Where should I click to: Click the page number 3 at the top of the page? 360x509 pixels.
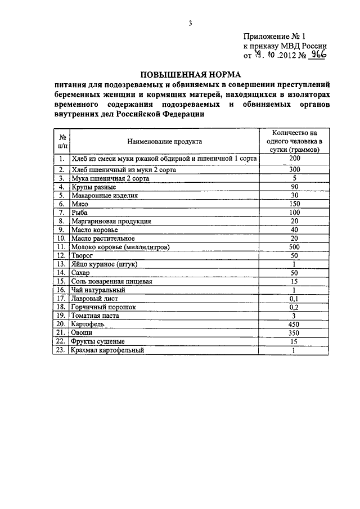pyautogui.click(x=190, y=23)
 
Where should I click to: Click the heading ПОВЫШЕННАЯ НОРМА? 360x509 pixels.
pyautogui.click(x=190, y=74)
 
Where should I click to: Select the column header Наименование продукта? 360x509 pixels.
pyautogui.click(x=164, y=141)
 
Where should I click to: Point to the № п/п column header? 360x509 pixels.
pyautogui.click(x=61, y=141)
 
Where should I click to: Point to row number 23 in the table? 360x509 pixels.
pyautogui.click(x=61, y=350)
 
